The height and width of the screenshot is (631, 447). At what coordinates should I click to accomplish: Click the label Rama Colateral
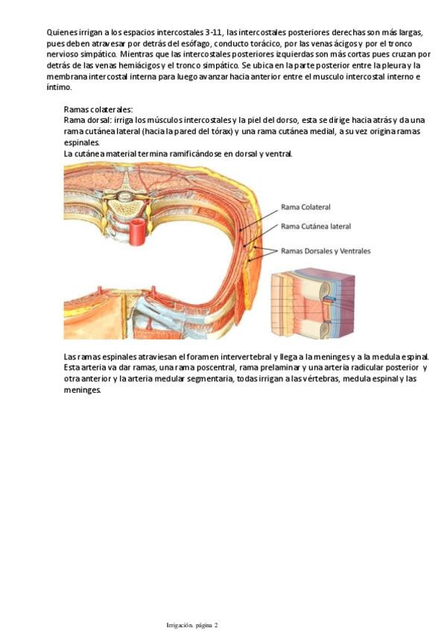[x=305, y=207]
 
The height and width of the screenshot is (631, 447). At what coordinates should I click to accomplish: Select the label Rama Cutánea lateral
[x=315, y=226]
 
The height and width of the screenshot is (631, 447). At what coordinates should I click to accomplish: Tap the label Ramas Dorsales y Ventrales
[x=326, y=251]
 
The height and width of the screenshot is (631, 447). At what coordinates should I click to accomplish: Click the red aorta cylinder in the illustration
[x=138, y=234]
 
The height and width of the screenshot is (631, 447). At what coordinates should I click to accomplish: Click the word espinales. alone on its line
[x=81, y=142]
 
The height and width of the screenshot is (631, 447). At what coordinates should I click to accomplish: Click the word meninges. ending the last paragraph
[x=82, y=389]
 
